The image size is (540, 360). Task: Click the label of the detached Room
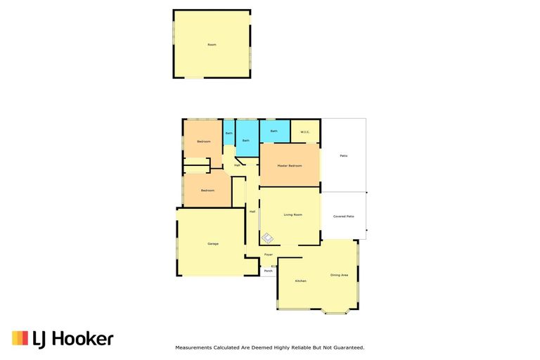point(212,44)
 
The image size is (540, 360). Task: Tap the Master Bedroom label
point(290,165)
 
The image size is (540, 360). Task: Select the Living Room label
point(292,214)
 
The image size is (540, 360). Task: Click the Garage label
point(212,243)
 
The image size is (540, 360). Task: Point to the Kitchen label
point(300,281)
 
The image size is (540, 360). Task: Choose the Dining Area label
point(339,274)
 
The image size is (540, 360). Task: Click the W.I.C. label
point(305,131)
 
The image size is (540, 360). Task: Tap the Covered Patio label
point(343,216)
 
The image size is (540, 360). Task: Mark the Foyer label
point(269,254)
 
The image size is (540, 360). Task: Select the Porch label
point(268,271)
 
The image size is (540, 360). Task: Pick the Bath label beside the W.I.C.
point(274,131)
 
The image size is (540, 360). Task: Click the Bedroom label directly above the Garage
point(207,191)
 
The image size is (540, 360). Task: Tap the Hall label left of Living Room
point(252,211)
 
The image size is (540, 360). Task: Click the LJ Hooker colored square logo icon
point(20,338)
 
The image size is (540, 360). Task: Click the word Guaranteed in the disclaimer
point(347,347)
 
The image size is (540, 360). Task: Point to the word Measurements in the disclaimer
point(193,347)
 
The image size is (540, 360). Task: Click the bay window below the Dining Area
point(335,311)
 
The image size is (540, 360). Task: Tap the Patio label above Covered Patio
point(343,155)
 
